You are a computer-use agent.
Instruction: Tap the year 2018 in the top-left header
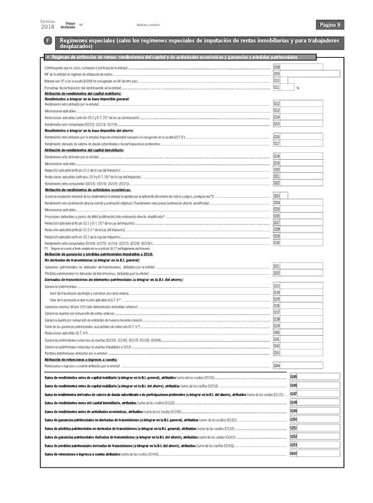point(47,27)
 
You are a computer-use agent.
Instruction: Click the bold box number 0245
point(293,377)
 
